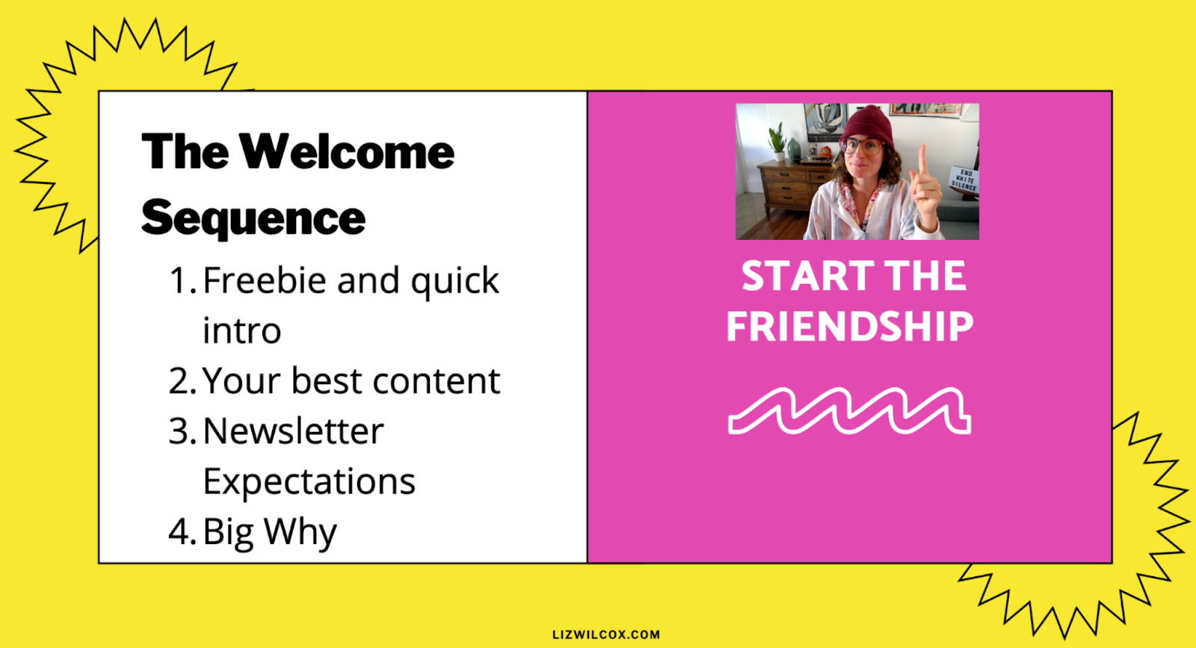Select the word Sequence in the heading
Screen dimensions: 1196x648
pyautogui.click(x=253, y=220)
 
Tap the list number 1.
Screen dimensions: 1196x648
pyautogui.click(x=182, y=280)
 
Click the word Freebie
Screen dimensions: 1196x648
pyautogui.click(x=265, y=280)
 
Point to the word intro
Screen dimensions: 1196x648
pyautogui.click(x=242, y=330)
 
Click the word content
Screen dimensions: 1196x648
pyautogui.click(x=437, y=381)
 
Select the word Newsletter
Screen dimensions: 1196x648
pyautogui.click(x=294, y=431)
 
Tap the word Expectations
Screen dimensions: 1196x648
pyautogui.click(x=309, y=481)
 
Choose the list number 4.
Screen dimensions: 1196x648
pyautogui.click(x=182, y=531)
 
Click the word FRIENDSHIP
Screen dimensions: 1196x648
pyautogui.click(x=850, y=326)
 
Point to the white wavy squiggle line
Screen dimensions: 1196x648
pyautogui.click(x=849, y=410)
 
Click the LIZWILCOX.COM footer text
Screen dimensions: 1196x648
pyautogui.click(x=606, y=635)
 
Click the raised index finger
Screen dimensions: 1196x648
pyautogui.click(x=922, y=161)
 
